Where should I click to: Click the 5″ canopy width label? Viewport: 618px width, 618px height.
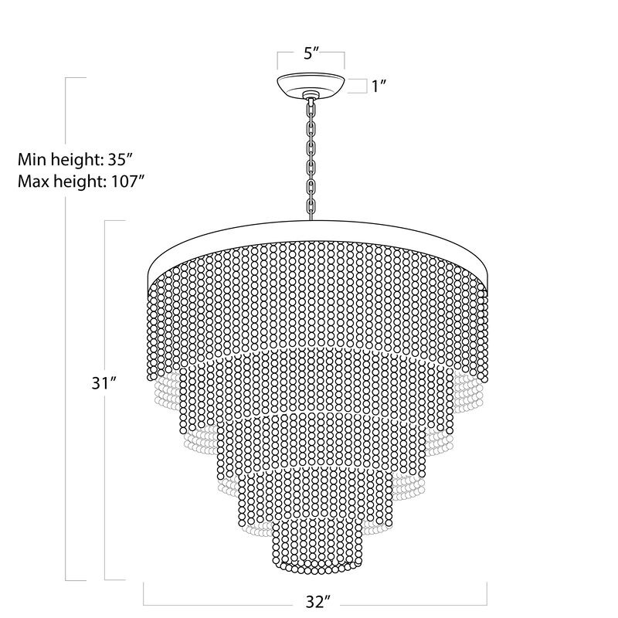tap(311, 53)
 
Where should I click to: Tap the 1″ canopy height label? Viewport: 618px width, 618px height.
tap(379, 86)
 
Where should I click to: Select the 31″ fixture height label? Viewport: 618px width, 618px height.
tap(104, 382)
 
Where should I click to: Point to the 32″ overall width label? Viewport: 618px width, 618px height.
tap(317, 602)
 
